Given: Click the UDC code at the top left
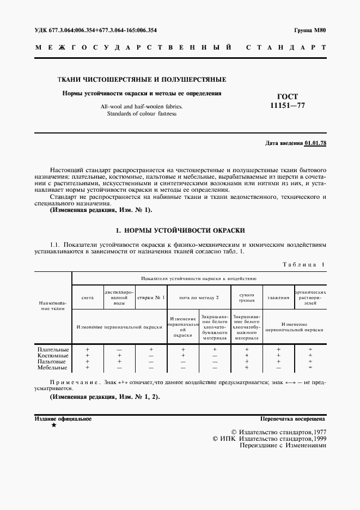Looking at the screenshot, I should click(99, 31).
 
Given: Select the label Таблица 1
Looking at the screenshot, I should click(304, 264).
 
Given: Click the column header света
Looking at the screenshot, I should click(88, 298).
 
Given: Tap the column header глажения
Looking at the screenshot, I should click(278, 298).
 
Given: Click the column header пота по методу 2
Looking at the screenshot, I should click(199, 298).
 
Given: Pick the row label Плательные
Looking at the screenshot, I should click(52, 349).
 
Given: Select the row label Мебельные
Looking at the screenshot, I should click(52, 368).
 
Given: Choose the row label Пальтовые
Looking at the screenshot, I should click(52, 361).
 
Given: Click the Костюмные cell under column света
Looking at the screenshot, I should click(87, 355).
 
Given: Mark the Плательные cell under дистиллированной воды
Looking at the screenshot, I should click(119, 349).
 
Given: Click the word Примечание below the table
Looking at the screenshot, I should click(71, 382).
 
